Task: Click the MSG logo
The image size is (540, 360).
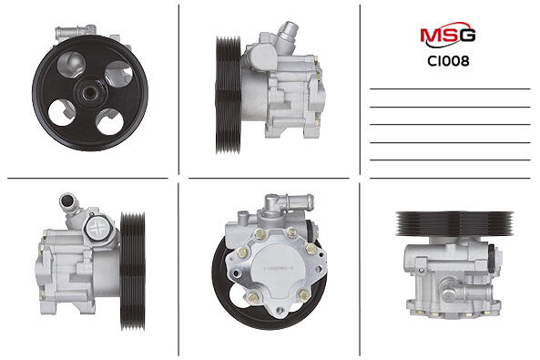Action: pyautogui.click(x=448, y=35)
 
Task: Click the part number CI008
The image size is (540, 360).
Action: pyautogui.click(x=448, y=61)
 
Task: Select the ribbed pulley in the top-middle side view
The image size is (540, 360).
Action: pyautogui.click(x=228, y=95)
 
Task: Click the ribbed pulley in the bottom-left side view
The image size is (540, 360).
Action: pyautogui.click(x=133, y=271)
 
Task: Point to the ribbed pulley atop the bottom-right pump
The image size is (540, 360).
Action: pyautogui.click(x=454, y=224)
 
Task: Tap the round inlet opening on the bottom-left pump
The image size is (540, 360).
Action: pyautogui.click(x=67, y=201)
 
